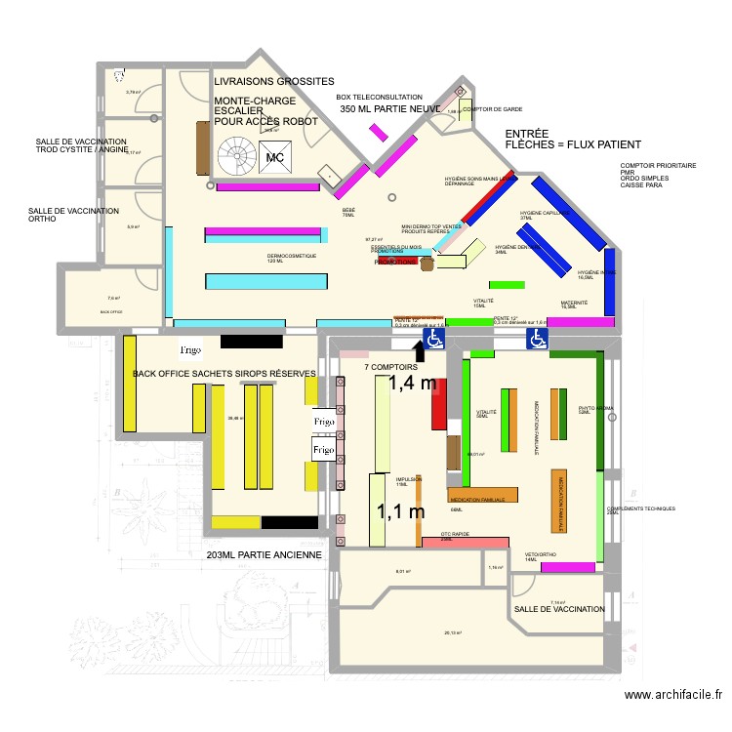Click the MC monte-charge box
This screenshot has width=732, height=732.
point(275,155)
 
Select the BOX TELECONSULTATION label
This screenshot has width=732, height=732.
point(379,98)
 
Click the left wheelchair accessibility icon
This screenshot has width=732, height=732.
point(433,338)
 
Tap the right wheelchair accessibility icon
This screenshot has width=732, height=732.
point(537,338)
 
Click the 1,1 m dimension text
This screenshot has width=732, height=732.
point(401,510)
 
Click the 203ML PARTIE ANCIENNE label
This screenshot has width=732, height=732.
point(264,555)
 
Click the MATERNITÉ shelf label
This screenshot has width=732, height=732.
point(574,305)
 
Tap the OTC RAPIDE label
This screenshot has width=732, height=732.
point(456,536)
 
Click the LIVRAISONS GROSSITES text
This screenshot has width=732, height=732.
point(274,81)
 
